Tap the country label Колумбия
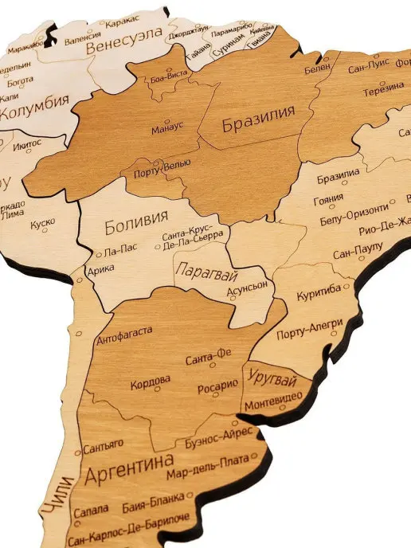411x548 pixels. [x=33, y=113]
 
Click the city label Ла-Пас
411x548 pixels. [x=120, y=249]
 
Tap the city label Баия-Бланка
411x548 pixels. [x=153, y=505]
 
